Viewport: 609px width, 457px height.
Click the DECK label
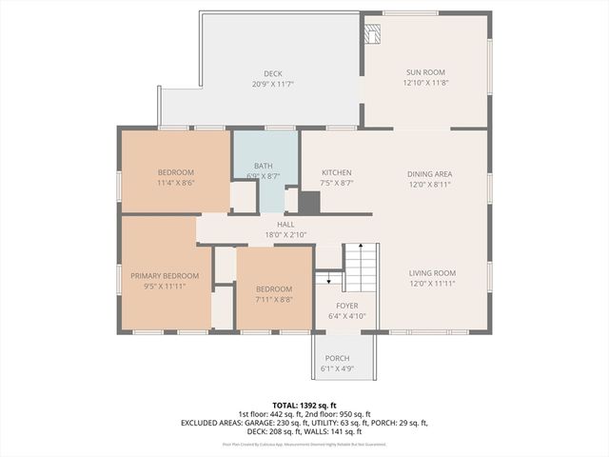273,73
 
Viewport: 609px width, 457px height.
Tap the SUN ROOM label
425,72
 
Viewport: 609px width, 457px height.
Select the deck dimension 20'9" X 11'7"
273,84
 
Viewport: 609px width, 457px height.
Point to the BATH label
263,166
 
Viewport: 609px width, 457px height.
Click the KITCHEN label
337,172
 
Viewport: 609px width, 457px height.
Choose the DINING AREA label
429,173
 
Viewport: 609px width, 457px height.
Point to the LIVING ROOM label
433,272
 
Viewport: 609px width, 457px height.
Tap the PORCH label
337,358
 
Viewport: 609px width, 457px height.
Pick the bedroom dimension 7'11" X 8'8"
273,299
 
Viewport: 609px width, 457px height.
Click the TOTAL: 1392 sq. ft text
304,405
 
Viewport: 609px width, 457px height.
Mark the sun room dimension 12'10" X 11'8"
425,83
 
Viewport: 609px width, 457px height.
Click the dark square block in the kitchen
309,202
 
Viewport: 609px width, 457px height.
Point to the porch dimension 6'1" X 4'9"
337,368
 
